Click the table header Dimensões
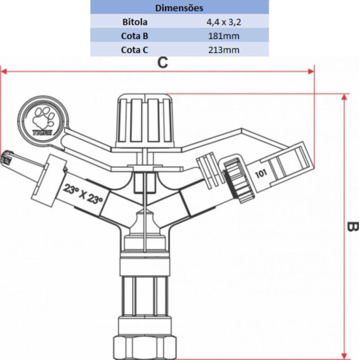coord(179,8)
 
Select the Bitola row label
coord(134,22)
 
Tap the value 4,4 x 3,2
coord(224,22)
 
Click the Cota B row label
coord(134,36)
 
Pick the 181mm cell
coord(224,36)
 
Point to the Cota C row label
coord(134,50)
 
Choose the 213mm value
coord(224,50)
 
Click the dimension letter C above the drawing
coord(163,63)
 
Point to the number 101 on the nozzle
coord(261,174)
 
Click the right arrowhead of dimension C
coord(311,71)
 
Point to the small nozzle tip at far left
coord(6,158)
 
